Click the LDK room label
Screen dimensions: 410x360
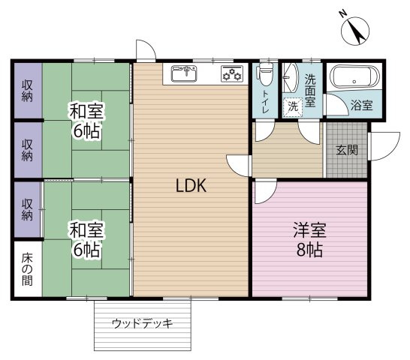click(191, 185)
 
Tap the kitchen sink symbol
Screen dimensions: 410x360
click(184, 73)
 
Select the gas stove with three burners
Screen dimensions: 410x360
click(232, 73)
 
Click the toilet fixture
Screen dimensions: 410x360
click(266, 74)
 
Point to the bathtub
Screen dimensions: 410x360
click(354, 76)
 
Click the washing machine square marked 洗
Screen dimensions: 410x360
click(293, 106)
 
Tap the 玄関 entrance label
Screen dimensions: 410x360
click(347, 150)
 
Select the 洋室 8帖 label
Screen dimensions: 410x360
click(309, 239)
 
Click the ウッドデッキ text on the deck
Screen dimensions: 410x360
click(143, 324)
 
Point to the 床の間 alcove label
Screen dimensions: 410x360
click(27, 268)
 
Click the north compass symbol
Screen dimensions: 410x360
click(355, 31)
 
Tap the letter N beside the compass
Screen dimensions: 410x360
click(343, 13)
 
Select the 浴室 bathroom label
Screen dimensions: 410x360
click(362, 105)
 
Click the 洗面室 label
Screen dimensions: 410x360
click(310, 91)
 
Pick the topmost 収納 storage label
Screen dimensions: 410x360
click(27, 91)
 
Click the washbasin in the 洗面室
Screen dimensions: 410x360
click(291, 77)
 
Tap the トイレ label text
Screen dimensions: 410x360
click(265, 102)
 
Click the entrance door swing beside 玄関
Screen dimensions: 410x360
click(384, 146)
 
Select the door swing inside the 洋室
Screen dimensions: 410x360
click(266, 191)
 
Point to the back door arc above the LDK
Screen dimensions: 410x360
click(146, 49)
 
